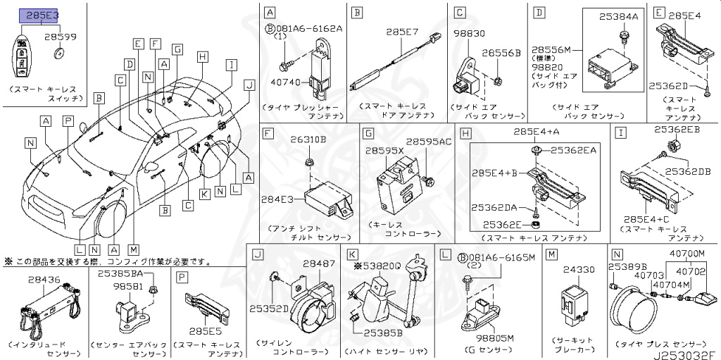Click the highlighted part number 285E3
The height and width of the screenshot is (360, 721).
[x=43, y=14]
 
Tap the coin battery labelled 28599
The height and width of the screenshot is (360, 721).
[x=61, y=52]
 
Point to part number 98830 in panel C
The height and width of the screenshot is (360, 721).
[x=468, y=32]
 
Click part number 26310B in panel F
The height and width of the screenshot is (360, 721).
[x=313, y=139]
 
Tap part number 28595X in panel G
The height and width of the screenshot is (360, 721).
[x=384, y=151]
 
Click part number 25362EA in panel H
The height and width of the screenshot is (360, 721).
[x=573, y=149]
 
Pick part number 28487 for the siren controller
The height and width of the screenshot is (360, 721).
[x=318, y=263]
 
